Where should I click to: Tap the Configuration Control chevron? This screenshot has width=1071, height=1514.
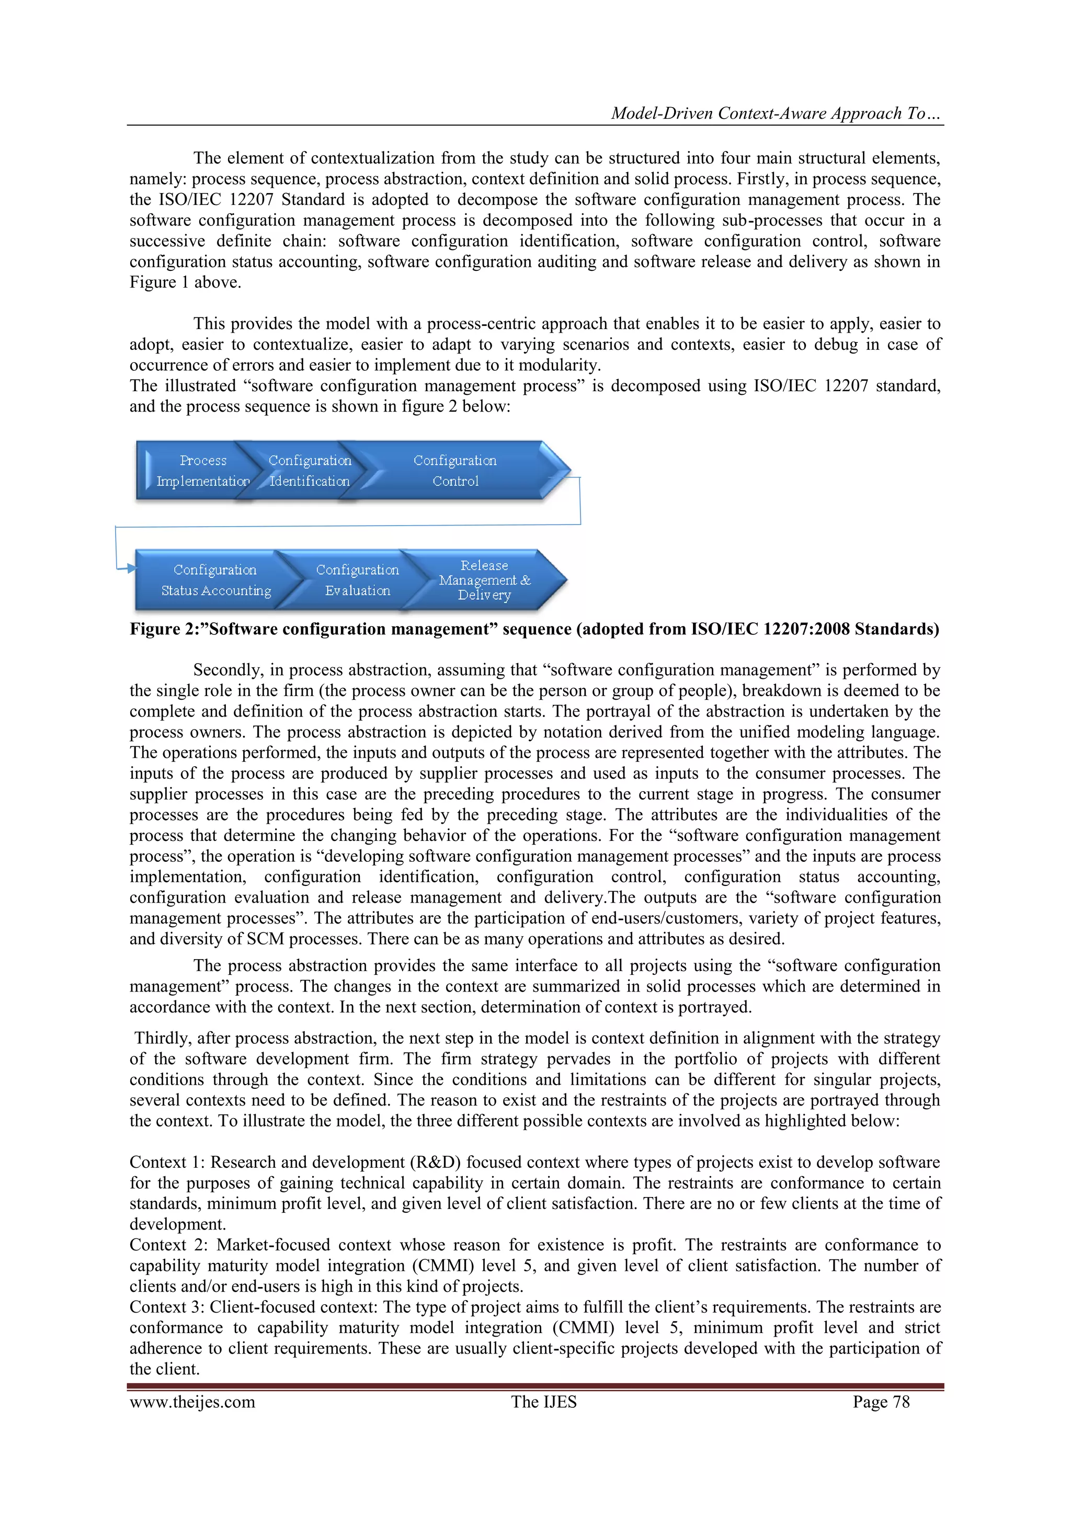point(455,471)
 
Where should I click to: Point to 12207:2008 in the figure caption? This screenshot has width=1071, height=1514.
point(805,629)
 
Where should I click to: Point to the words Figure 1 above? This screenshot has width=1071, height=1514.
point(185,283)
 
